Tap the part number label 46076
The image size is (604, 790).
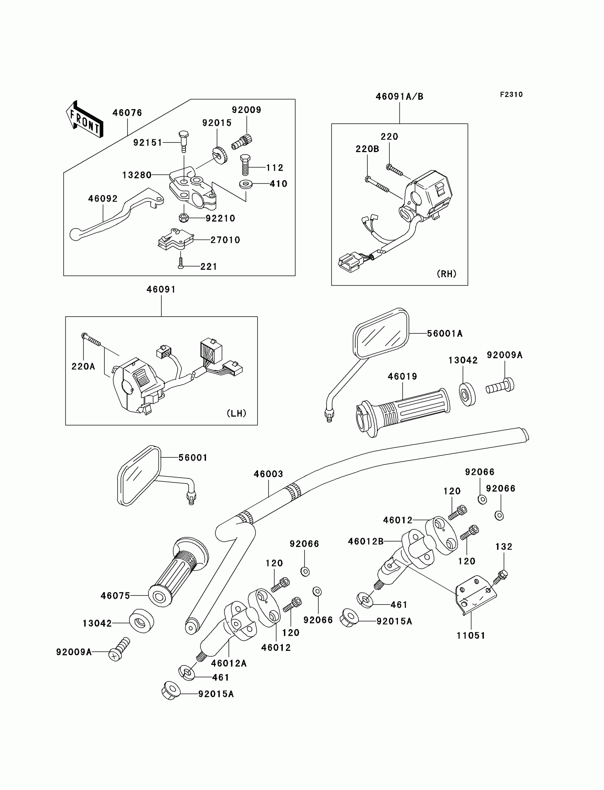[127, 113]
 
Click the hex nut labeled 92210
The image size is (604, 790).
[183, 218]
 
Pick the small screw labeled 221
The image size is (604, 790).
[181, 264]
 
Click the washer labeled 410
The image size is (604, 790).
[246, 184]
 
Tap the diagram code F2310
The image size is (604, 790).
[511, 95]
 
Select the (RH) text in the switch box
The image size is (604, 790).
[447, 274]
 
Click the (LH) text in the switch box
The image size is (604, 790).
[237, 414]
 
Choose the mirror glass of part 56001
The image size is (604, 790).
[139, 475]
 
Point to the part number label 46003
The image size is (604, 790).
[268, 474]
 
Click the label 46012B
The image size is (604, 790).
[366, 542]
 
